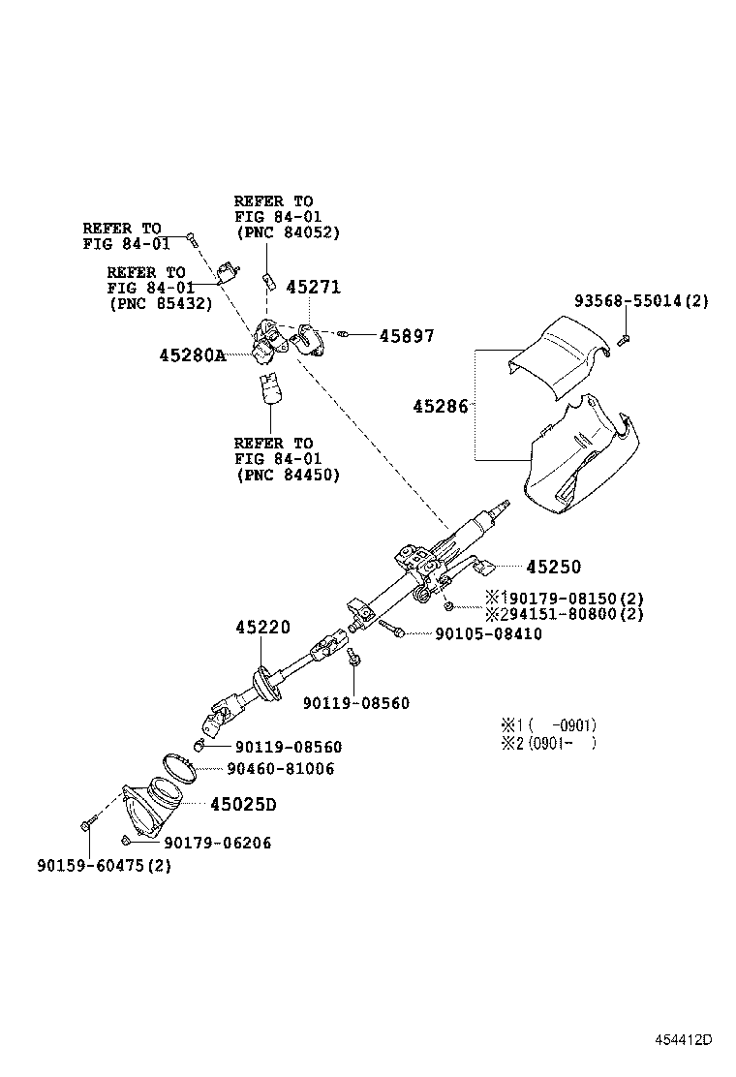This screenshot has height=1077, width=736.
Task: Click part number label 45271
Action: [x=313, y=287]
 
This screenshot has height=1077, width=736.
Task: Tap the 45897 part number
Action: [x=407, y=336]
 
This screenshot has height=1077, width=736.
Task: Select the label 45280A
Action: [x=193, y=355]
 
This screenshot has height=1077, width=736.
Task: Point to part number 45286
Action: [x=440, y=407]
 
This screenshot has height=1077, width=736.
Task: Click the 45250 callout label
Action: [x=553, y=567]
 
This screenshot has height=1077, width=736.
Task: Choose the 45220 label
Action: [x=263, y=627]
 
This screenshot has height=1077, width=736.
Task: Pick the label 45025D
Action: [x=243, y=804]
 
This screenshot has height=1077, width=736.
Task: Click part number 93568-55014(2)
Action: [x=641, y=301]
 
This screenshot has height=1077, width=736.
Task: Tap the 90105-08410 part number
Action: [x=488, y=634]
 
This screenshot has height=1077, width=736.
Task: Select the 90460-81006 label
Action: [x=280, y=769]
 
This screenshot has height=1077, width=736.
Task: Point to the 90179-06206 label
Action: [x=217, y=843]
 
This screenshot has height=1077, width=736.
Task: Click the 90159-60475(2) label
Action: [x=104, y=866]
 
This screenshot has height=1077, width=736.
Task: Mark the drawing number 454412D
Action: [x=683, y=1039]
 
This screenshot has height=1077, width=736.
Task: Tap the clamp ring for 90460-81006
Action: [x=179, y=767]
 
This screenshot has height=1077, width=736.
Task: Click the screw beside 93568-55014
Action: [x=623, y=339]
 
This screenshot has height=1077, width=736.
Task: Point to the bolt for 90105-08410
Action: [x=390, y=629]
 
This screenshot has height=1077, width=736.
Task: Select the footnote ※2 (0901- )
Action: [x=548, y=743]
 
